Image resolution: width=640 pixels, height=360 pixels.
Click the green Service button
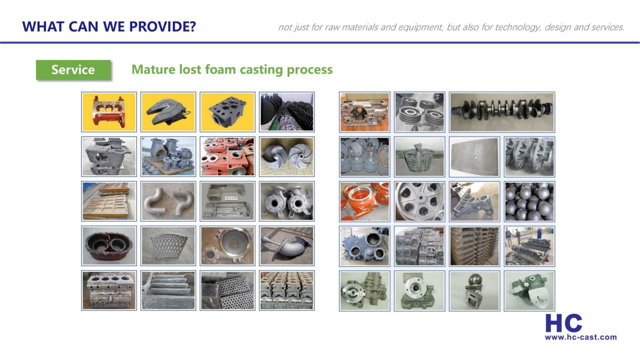coord(73,70)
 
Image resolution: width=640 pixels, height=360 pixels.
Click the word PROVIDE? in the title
coord(163,27)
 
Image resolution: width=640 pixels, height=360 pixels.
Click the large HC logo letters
coord(563,323)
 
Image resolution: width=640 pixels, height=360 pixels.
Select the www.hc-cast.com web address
coord(580,337)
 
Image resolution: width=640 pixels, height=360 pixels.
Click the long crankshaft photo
coord(502,112)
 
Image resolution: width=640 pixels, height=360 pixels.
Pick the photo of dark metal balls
coord(529,201)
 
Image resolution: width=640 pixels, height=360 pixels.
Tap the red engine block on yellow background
coord(109,112)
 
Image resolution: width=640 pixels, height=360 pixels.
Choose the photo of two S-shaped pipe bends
coord(168,201)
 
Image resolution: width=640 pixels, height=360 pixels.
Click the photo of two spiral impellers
coord(287,157)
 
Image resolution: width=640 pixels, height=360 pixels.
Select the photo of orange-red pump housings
coord(365,201)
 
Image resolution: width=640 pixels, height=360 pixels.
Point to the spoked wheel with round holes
coord(420,201)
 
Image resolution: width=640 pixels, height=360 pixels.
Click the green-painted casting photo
coord(529,291)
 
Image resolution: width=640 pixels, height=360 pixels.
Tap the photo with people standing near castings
coord(529,246)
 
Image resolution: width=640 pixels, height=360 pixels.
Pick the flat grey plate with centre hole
coord(475,157)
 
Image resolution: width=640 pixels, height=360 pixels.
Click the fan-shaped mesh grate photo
coord(168,246)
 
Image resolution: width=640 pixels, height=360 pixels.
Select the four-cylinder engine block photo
coord(109,290)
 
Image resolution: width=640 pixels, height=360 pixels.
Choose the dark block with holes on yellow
coord(227,112)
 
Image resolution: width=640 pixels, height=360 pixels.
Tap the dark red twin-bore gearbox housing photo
coord(109,246)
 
